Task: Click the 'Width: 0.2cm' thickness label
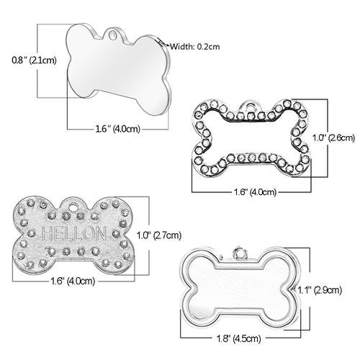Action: pos(195,46)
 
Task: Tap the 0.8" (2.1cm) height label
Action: pos(34,60)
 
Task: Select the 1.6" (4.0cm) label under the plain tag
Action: pos(117,129)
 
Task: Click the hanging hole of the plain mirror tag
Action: pos(112,35)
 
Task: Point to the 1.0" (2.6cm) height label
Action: pos(333,138)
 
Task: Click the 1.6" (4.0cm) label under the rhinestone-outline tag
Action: pos(255,192)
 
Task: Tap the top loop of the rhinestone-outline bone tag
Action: pos(251,107)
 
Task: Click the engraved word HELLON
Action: pos(73,233)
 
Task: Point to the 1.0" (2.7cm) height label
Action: pos(159,235)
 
